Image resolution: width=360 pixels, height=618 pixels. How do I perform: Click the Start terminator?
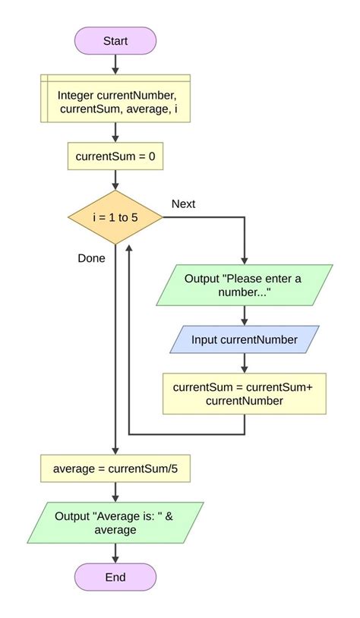point(115,40)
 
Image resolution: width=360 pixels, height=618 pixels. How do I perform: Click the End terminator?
point(115,577)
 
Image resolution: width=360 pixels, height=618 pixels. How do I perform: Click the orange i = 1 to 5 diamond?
point(115,217)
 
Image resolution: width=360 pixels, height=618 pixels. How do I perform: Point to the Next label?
point(184,203)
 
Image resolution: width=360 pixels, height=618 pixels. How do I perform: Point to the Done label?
point(91,257)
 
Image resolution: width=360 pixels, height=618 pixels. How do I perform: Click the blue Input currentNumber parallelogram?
point(245,339)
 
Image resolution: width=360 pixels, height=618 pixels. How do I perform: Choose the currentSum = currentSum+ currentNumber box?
point(245,393)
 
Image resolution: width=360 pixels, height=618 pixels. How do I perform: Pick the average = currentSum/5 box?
point(115,469)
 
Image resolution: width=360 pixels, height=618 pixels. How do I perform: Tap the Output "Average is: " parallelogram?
point(115,522)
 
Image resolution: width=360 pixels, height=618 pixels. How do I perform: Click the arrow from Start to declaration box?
point(115,64)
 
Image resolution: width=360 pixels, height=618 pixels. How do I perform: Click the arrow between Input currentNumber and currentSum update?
point(245,362)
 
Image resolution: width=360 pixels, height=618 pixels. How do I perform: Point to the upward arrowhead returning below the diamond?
point(131,249)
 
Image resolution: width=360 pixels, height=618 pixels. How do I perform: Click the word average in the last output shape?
point(115,530)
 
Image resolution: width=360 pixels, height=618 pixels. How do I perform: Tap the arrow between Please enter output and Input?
point(245,314)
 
